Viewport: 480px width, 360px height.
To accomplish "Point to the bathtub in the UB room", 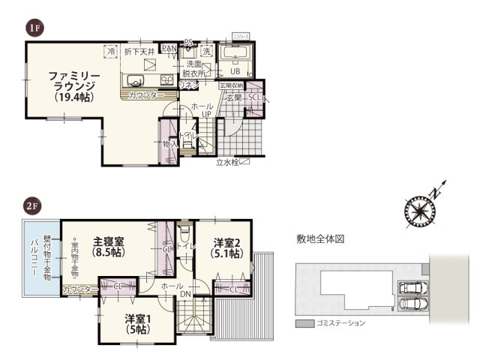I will [239, 55].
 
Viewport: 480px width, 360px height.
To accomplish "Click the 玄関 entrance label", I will [233, 97].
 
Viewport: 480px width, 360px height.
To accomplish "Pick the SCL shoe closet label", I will [254, 98].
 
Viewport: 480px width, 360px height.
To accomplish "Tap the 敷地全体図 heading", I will [319, 239].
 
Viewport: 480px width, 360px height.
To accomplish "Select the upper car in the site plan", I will [412, 288].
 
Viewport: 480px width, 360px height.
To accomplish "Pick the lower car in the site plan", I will [412, 304].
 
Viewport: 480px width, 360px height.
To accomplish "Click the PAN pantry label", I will [169, 49].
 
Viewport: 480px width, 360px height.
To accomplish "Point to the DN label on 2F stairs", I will [185, 295].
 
